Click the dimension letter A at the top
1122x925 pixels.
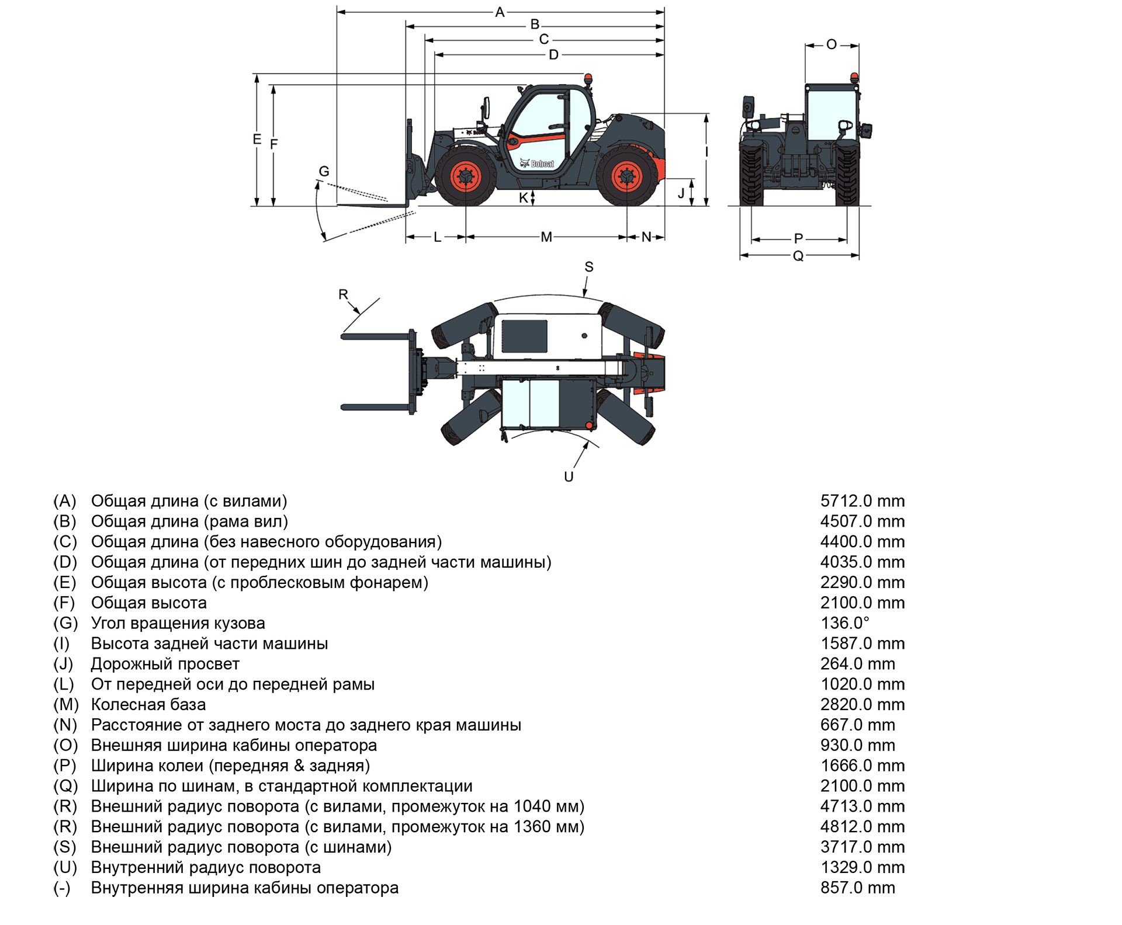point(500,12)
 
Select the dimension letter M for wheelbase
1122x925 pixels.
point(546,237)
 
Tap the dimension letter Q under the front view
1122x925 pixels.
point(798,256)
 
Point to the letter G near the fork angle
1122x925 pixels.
point(324,172)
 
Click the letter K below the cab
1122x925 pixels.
point(524,198)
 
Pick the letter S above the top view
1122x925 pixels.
point(588,267)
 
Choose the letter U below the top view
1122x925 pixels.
point(569,477)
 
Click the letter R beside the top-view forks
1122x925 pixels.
point(344,294)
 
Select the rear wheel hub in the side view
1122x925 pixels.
point(626,177)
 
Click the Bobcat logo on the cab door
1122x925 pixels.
point(537,164)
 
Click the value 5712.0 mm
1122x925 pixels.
point(862,501)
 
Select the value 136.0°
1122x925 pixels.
point(845,623)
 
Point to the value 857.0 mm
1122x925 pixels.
point(857,888)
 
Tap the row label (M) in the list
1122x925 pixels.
point(65,704)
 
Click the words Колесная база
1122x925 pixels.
point(148,704)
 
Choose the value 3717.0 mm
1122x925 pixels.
point(862,847)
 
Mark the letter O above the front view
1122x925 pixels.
point(832,44)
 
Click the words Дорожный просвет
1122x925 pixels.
point(165,664)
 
